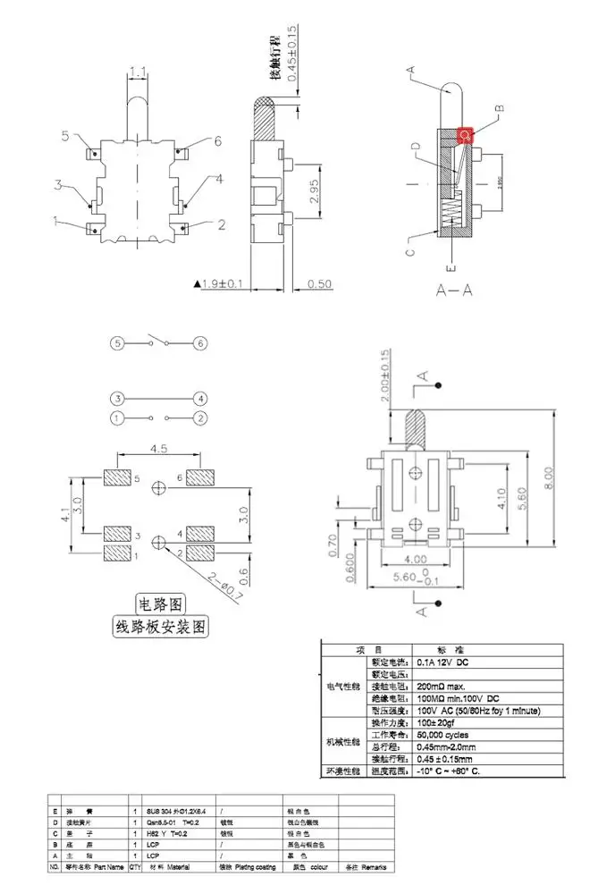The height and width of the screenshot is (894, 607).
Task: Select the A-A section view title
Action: tap(454, 291)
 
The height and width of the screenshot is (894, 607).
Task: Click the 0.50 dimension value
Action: tap(319, 284)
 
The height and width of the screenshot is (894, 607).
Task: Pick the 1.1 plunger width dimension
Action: tap(139, 72)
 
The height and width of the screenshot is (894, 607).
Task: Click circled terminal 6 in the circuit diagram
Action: tap(200, 343)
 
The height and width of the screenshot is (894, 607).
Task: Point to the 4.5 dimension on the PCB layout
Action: tap(159, 449)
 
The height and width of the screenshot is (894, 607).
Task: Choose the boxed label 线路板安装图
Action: tap(160, 626)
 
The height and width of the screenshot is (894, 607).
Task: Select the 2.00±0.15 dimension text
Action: tap(385, 375)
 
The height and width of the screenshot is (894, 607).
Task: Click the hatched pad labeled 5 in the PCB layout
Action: tap(117, 479)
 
